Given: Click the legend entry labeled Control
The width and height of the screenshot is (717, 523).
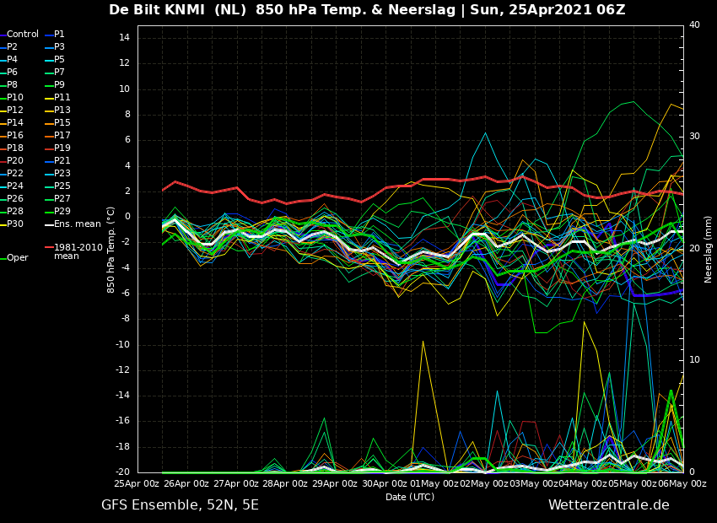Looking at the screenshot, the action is (x=23, y=35).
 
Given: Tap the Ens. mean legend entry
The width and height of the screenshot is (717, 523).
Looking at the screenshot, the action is (x=78, y=224).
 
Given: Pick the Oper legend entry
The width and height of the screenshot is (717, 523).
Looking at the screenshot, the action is (x=18, y=258).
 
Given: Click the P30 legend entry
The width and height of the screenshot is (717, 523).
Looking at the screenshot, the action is (x=14, y=224).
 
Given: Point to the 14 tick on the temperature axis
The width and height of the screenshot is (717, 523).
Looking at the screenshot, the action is (x=124, y=38).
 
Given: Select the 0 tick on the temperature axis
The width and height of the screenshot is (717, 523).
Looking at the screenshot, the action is (x=127, y=217).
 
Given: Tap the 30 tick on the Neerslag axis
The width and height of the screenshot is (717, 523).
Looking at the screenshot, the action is (x=694, y=137).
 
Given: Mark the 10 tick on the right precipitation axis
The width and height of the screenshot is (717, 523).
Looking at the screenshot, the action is (x=694, y=360).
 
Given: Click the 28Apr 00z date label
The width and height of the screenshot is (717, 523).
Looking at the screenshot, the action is (x=284, y=483).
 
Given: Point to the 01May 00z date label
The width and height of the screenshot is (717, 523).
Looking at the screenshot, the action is (x=434, y=483).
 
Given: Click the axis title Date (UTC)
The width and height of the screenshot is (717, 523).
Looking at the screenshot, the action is (x=410, y=497).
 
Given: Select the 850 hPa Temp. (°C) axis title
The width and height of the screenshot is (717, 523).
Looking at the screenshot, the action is (x=111, y=250).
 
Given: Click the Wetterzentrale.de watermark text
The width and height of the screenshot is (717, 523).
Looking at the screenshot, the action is (x=609, y=505).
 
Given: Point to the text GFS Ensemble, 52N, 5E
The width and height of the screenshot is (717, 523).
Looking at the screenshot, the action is (x=180, y=505).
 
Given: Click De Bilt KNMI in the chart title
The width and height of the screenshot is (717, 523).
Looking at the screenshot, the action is (x=157, y=9).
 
